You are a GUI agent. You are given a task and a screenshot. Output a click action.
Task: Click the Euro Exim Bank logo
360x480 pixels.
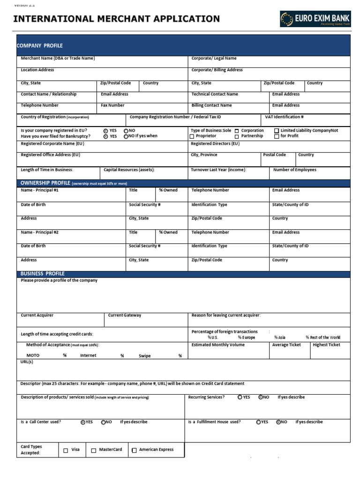pos(315,19)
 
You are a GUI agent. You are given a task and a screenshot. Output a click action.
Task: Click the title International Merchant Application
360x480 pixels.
pos(116,19)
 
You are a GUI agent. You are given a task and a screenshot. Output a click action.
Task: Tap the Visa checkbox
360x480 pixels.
pos(66,450)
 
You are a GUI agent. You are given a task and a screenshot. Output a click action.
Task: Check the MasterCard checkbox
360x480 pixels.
pos(94,450)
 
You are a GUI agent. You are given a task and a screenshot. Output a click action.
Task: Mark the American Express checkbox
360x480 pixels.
pos(134,450)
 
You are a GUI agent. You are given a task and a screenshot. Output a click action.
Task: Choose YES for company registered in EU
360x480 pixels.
pos(105,131)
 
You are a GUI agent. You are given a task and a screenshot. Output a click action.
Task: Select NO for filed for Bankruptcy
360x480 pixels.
pos(126,136)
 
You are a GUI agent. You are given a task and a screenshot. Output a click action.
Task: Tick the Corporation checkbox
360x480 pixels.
pos(237,131)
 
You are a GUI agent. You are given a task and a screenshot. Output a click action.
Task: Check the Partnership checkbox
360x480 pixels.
pos(237,136)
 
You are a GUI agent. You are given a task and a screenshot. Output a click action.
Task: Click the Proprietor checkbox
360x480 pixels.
pos(192,136)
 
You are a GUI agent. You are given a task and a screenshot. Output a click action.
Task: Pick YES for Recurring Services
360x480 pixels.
pos(240,397)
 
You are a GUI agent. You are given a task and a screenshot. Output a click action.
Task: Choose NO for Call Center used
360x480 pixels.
pos(103,422)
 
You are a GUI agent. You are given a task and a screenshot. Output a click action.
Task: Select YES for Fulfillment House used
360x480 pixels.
pos(258,422)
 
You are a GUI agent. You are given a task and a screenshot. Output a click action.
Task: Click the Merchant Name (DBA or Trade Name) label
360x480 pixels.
pos(58,59)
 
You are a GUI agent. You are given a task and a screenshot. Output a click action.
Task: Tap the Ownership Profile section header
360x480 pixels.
pos(45,183)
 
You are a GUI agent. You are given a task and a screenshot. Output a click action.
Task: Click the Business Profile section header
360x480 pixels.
pos(42,274)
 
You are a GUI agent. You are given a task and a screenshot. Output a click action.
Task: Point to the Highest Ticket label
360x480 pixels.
pos(326,345)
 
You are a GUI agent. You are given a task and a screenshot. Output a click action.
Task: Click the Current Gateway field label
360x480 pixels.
pos(124,315)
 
